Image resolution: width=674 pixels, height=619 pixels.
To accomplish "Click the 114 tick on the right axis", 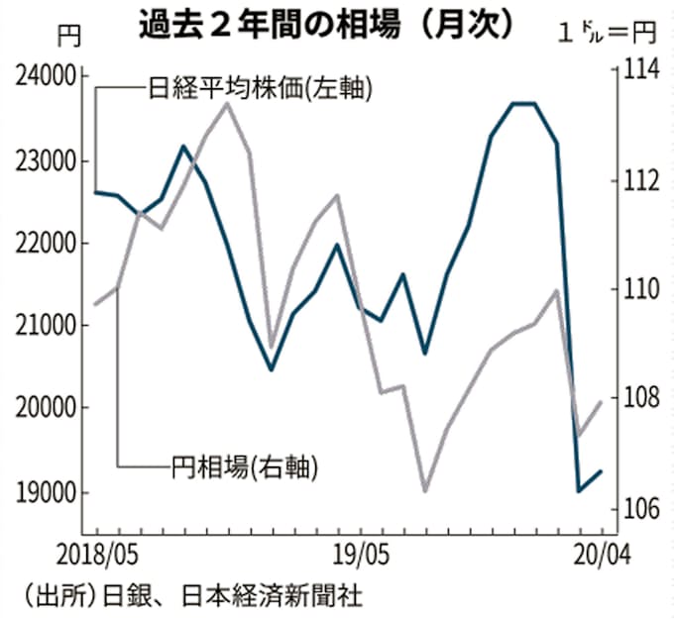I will coord(638,69).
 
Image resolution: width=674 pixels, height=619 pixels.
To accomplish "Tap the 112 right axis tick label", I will coord(638,179).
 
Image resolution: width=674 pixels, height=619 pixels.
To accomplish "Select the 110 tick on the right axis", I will coord(638,289).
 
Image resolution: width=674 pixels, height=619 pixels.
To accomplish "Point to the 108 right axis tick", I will coord(638,398).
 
